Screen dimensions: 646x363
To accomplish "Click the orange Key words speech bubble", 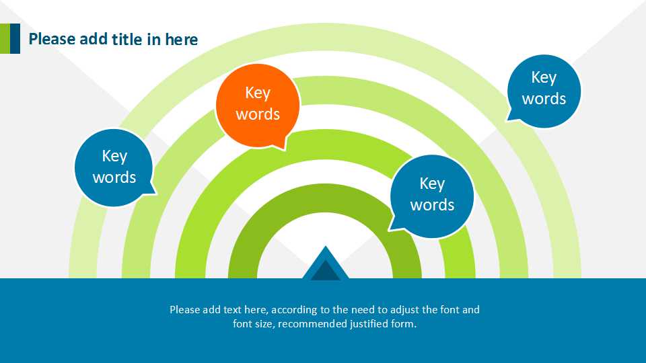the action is [x=258, y=106].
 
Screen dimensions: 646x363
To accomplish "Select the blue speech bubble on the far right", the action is [x=544, y=91].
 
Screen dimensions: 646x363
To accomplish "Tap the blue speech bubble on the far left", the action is [x=114, y=167].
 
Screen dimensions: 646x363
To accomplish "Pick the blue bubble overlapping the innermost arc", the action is [x=432, y=196].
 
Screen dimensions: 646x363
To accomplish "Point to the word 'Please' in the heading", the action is [x=52, y=39].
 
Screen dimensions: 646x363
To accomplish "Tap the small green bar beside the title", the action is [x=5, y=39].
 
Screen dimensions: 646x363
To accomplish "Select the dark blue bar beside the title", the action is [x=15, y=39].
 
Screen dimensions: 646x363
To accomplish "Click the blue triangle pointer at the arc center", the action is [x=326, y=264].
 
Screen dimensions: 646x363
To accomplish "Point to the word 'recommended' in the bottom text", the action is [x=312, y=324].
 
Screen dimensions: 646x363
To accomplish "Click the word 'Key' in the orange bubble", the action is [x=258, y=93].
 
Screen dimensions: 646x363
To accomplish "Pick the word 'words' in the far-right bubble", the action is [x=544, y=99].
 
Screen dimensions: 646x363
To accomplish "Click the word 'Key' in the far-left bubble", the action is [x=114, y=156].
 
